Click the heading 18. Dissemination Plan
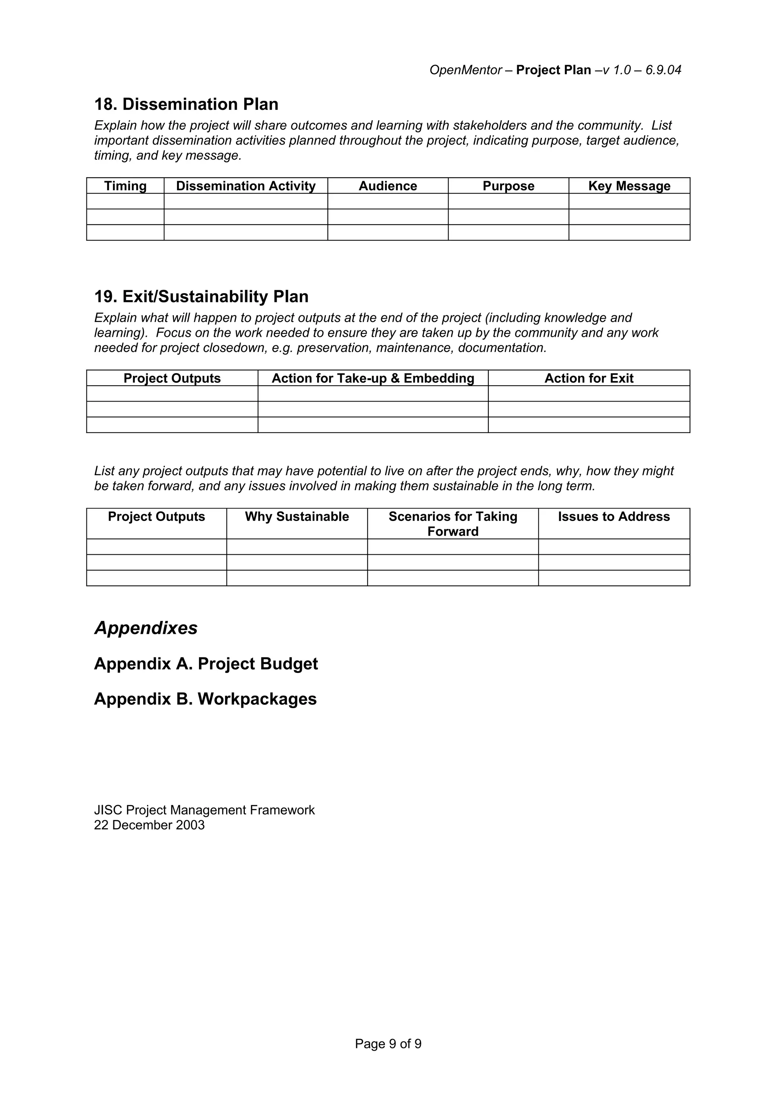click(x=186, y=104)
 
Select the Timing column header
click(x=125, y=186)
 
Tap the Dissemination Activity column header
click(x=246, y=186)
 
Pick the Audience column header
click(x=388, y=186)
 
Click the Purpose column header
click(x=508, y=186)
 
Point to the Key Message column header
click(x=629, y=186)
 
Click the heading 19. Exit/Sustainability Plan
click(x=201, y=297)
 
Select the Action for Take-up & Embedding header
click(x=373, y=378)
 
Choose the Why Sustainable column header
click(x=297, y=516)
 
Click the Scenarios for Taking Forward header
click(x=453, y=524)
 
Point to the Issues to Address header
click(x=614, y=516)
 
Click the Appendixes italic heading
click(x=146, y=628)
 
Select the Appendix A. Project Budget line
click(x=206, y=664)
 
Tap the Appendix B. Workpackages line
click(x=205, y=699)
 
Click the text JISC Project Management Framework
click(x=204, y=810)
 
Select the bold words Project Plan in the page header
click(x=553, y=70)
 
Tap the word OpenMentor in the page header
click(x=465, y=70)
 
